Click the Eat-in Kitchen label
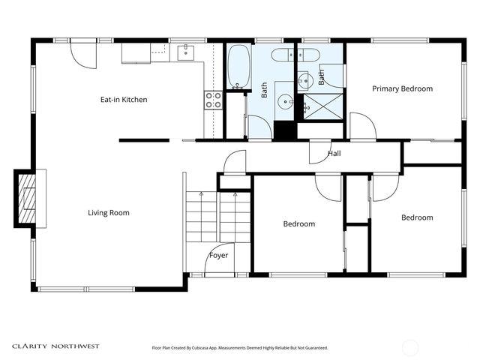click(124, 99)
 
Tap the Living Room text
click(109, 213)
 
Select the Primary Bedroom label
click(402, 88)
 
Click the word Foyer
click(218, 255)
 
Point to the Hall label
click(334, 154)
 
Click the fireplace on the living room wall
click(28, 198)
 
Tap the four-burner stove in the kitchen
click(213, 100)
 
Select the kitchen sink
click(185, 52)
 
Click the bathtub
click(238, 67)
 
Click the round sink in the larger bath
click(285, 100)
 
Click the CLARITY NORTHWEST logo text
click(55, 346)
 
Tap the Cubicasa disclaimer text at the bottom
click(240, 348)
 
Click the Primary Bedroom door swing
click(361, 127)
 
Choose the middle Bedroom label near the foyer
click(298, 223)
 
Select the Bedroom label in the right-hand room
click(416, 217)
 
